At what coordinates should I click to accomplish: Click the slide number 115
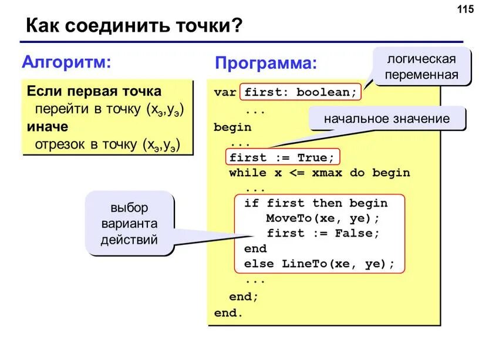coord(464,9)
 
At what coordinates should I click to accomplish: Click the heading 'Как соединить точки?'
coord(134,26)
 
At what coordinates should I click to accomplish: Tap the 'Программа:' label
coord(266,63)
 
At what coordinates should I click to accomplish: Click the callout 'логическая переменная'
coord(422,66)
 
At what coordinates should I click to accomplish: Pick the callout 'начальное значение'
coord(387,119)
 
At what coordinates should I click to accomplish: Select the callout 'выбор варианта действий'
coord(129,224)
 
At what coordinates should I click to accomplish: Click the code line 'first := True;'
coord(282,157)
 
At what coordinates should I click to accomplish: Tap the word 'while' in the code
coord(248,173)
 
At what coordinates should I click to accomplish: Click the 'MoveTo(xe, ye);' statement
coord(323,218)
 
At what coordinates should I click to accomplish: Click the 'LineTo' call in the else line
coord(305,264)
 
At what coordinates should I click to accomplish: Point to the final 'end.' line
coord(228,312)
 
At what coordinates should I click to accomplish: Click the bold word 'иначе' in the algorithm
coord(47,127)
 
